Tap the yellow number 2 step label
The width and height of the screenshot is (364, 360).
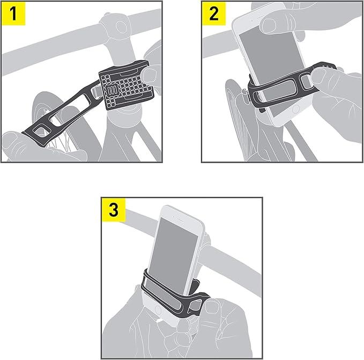(213, 14)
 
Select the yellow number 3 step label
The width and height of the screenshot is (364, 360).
(113, 209)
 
